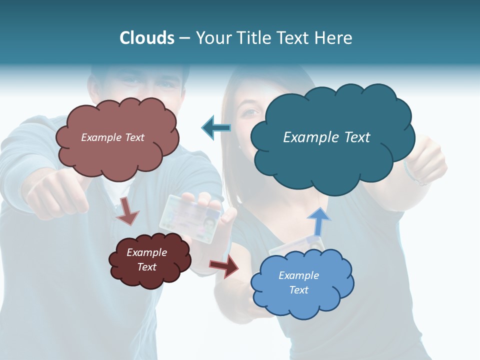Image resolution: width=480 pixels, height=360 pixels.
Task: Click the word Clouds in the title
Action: (x=147, y=38)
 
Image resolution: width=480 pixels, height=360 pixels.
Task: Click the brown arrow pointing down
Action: (x=128, y=211)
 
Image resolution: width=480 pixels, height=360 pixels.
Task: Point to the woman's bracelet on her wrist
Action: (x=413, y=172)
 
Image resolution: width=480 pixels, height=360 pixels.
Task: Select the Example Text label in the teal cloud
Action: (x=326, y=137)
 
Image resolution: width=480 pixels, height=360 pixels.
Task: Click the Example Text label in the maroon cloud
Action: (x=147, y=259)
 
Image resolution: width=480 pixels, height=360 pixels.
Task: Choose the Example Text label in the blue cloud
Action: (x=298, y=282)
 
